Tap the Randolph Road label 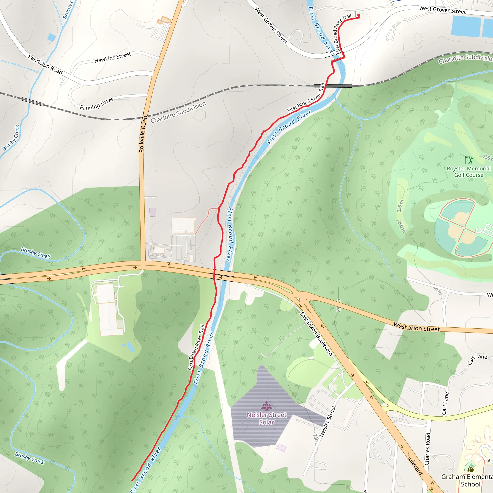45,65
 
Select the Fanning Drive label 97,104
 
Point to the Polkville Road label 143,134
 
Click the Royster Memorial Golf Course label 468,172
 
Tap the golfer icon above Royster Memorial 468,160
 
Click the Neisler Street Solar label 267,418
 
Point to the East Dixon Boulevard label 316,334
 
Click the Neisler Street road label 328,421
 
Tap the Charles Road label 428,449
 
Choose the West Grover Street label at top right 442,10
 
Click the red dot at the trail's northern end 358,16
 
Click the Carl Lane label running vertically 445,403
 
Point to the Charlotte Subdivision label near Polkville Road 178,112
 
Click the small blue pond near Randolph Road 51,38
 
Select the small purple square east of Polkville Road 153,212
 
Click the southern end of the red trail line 132,480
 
